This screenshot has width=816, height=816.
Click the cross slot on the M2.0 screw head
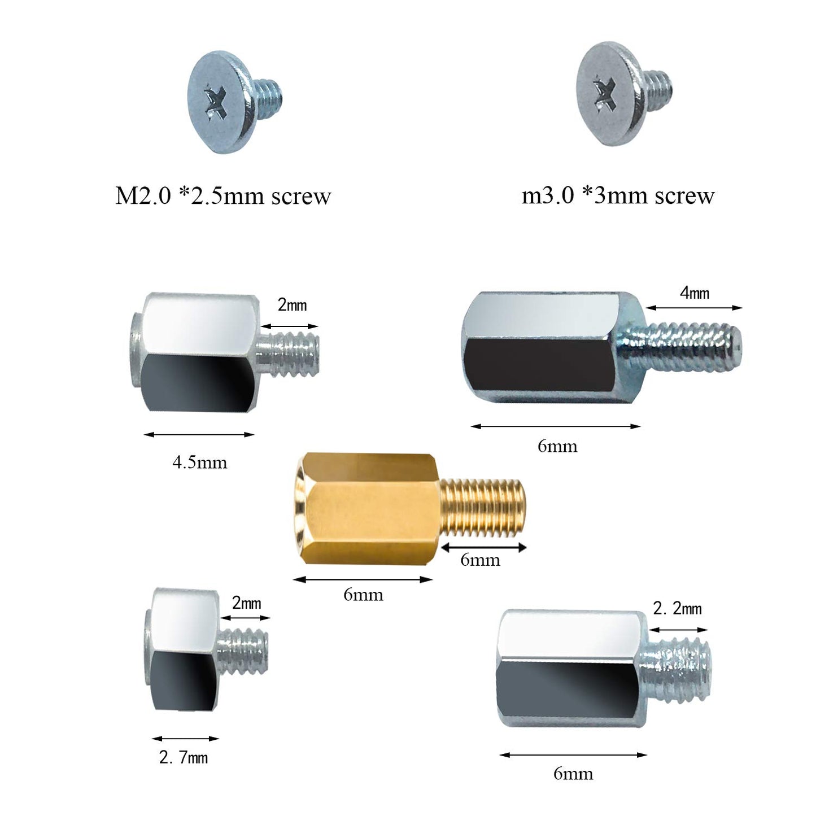pyautogui.click(x=216, y=102)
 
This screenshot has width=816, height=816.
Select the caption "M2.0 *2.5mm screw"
pyautogui.click(x=222, y=196)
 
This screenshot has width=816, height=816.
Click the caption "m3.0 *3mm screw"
pyautogui.click(x=618, y=195)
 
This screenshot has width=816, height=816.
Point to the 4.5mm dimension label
pyautogui.click(x=199, y=462)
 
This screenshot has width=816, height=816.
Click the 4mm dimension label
pyautogui.click(x=694, y=293)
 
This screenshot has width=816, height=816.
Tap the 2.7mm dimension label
pyautogui.click(x=184, y=757)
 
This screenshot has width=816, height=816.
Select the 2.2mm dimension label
pyautogui.click(x=677, y=609)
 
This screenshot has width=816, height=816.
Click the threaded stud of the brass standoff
pyautogui.click(x=483, y=507)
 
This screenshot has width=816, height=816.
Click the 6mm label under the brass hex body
pyautogui.click(x=363, y=595)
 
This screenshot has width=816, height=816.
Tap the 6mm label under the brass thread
pyautogui.click(x=480, y=560)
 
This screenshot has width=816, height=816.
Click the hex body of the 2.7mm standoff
pyautogui.click(x=184, y=649)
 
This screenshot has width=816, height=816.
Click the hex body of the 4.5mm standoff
pyautogui.click(x=198, y=353)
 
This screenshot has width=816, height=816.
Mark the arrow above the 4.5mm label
pyautogui.click(x=199, y=434)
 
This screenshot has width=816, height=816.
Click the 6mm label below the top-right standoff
pyautogui.click(x=557, y=447)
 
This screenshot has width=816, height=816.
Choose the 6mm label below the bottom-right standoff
pyautogui.click(x=573, y=774)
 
